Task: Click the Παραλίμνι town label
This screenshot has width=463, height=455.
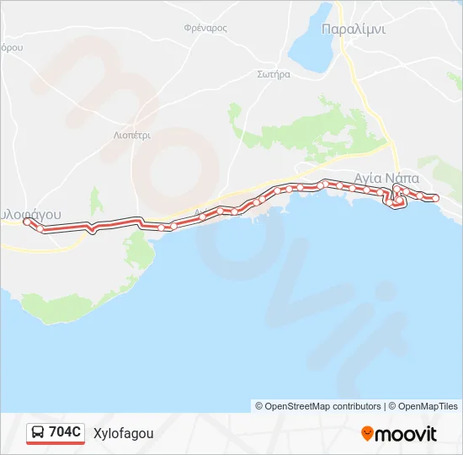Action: click(x=354, y=29)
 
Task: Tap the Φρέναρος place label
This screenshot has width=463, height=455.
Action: click(x=205, y=28)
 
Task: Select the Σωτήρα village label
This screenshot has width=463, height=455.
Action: click(x=274, y=74)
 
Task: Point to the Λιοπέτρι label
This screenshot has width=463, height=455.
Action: click(x=131, y=134)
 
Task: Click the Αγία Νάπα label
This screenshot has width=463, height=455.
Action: click(x=387, y=178)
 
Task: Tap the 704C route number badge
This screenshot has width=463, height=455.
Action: click(x=65, y=432)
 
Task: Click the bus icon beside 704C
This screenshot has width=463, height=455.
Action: click(x=38, y=433)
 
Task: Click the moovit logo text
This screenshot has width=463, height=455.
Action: click(x=406, y=434)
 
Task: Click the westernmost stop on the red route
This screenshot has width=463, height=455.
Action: click(x=27, y=222)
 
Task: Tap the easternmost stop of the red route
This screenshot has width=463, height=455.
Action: click(x=435, y=198)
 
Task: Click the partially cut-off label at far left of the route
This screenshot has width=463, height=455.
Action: click(x=31, y=214)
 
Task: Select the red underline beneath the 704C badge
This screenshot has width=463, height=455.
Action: click(x=56, y=443)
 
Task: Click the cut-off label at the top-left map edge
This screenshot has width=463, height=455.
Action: click(x=11, y=48)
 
